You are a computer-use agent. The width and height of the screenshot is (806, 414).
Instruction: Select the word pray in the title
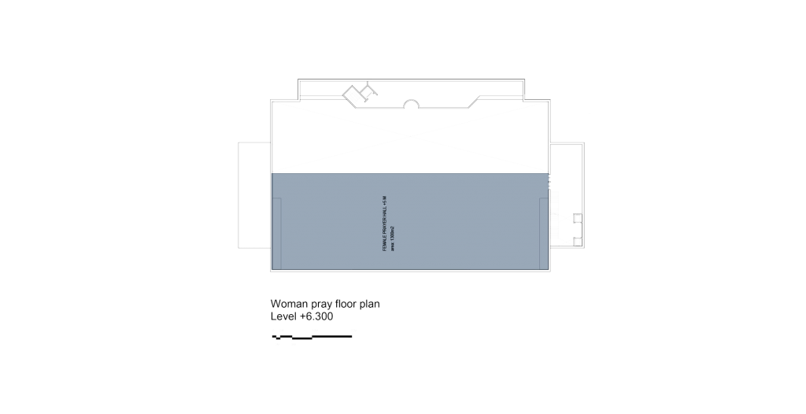point(324,304)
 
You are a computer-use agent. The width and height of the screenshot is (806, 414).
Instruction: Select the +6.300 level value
point(316,316)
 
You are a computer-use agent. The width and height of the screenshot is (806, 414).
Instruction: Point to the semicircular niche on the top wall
point(412,103)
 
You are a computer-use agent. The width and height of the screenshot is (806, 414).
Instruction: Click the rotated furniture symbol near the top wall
point(360,94)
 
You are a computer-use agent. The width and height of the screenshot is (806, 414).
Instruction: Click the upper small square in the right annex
point(578,217)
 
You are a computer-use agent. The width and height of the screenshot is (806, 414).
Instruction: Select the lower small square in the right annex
point(578,241)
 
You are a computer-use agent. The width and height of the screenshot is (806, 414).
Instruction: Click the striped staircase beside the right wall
point(554,216)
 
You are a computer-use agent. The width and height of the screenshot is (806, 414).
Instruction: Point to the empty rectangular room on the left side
point(254,195)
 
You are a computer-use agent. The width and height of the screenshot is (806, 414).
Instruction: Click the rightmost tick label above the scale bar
point(353,331)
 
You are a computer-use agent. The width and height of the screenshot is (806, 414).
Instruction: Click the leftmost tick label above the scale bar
point(274,331)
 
